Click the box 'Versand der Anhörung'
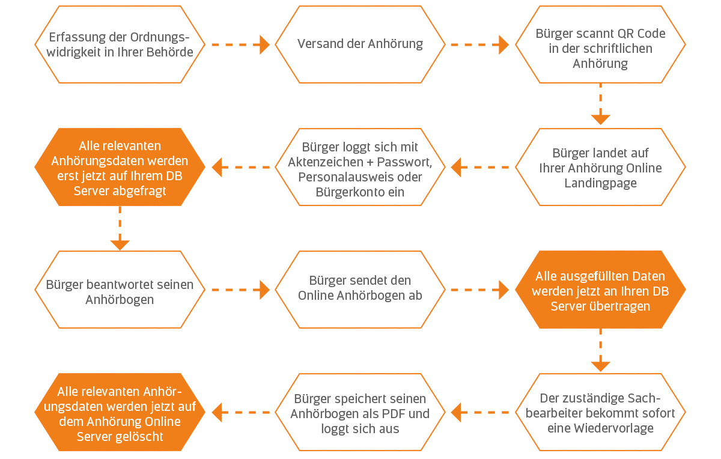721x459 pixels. [x=360, y=44]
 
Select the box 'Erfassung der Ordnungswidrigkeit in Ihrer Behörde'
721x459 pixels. [x=120, y=44]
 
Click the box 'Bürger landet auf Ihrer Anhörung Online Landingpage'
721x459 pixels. [x=600, y=168]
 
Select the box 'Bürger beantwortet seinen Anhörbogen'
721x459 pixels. [x=120, y=291]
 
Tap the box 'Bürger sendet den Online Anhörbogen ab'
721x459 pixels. [x=360, y=288]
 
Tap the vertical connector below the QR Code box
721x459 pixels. [x=600, y=104]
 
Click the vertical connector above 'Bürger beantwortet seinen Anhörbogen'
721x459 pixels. [x=120, y=228]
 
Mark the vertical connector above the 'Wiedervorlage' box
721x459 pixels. [x=600, y=350]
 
